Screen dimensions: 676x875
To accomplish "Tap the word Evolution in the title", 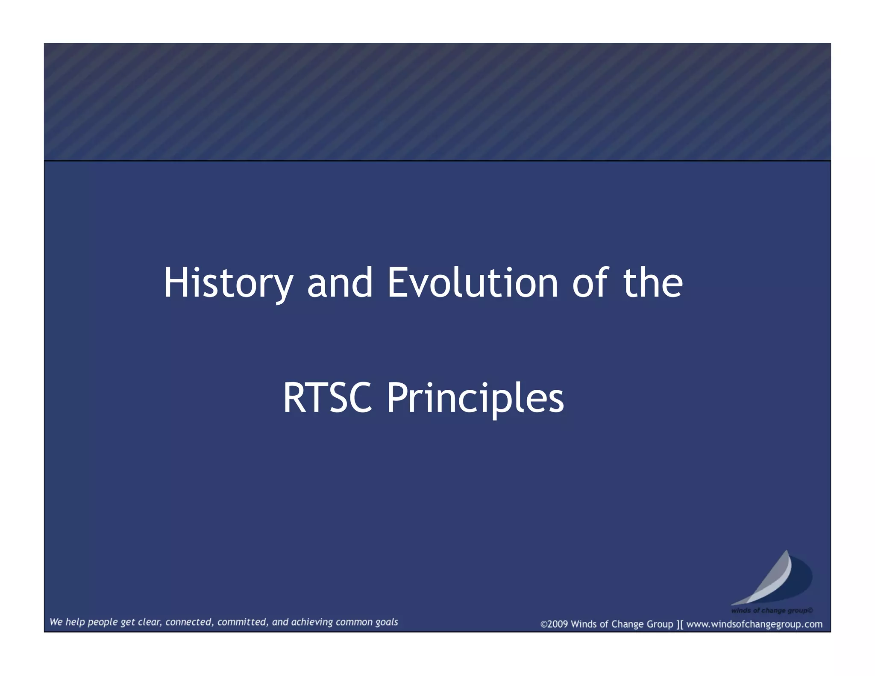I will click(x=473, y=283).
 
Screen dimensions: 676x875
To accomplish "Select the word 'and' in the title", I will click(x=340, y=283).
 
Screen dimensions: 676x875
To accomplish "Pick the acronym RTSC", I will click(x=327, y=398).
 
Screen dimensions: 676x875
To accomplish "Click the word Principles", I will click(x=475, y=399).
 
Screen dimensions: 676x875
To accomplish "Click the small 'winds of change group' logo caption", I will click(x=772, y=611).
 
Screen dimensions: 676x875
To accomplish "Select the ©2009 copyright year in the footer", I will click(x=554, y=624).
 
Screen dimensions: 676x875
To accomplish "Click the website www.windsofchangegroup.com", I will click(x=754, y=624).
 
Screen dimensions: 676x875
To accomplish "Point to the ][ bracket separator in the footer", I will click(x=679, y=624).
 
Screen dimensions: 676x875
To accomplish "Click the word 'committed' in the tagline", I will click(x=243, y=622).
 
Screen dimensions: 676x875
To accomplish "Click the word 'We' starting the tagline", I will click(x=56, y=622).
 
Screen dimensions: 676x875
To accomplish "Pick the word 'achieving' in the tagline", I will click(x=312, y=622).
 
